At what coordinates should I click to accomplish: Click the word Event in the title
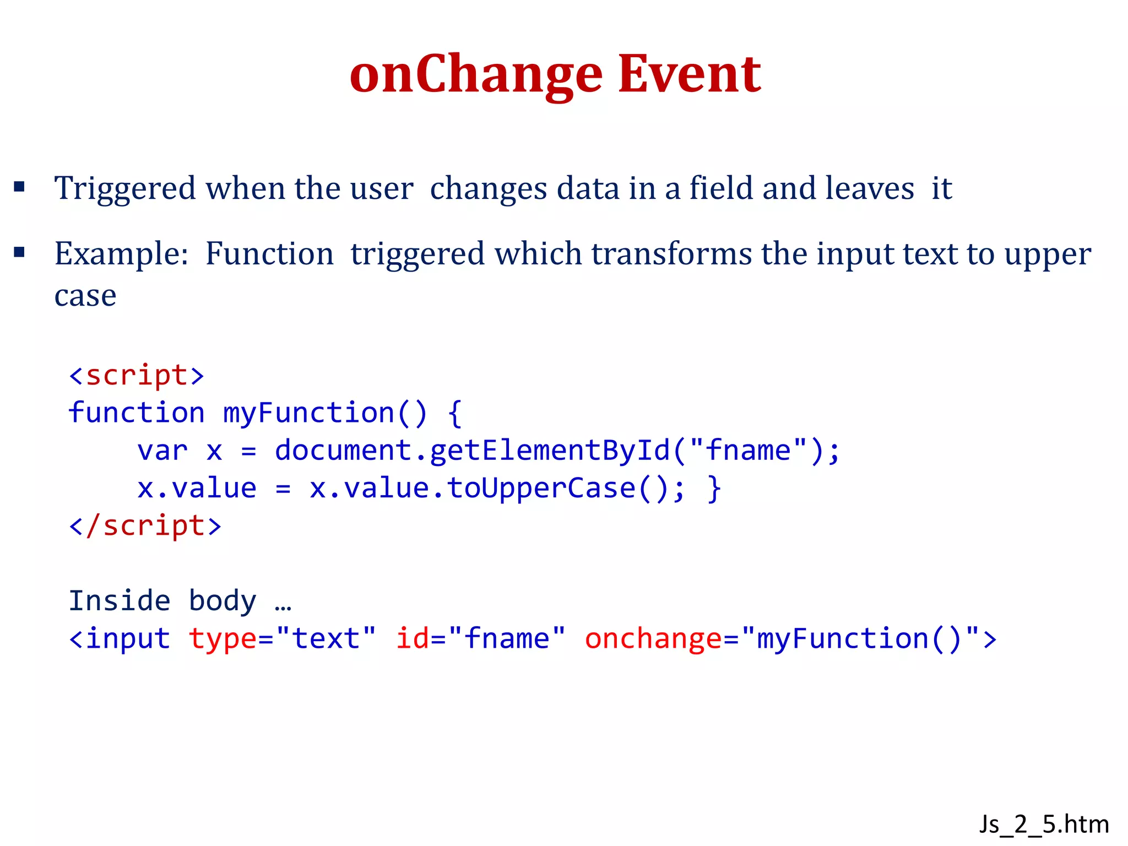(690, 74)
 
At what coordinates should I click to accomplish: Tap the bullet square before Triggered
(20, 187)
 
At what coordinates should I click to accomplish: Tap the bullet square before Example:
(20, 253)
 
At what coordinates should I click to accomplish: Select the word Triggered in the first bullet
(125, 189)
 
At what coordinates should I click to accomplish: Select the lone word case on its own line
(85, 296)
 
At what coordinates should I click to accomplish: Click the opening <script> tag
(137, 376)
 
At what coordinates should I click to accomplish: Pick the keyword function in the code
(137, 413)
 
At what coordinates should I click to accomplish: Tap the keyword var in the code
(162, 451)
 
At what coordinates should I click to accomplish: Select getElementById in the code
(549, 451)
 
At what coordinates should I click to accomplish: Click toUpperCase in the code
(541, 489)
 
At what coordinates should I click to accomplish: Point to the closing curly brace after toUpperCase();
(714, 489)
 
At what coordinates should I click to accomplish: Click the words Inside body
(162, 601)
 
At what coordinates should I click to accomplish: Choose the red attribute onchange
(653, 639)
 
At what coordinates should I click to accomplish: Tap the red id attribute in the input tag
(412, 639)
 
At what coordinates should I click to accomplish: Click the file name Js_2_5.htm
(1044, 825)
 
